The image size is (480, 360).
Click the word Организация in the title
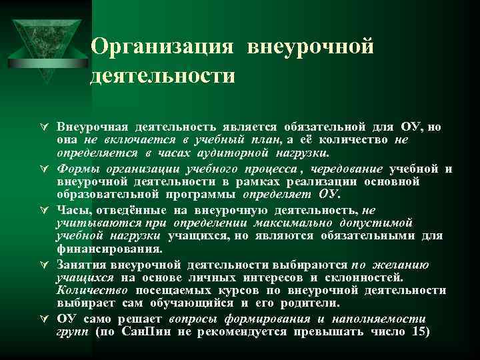pos(162,46)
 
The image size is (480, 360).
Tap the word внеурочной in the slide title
pos(308,46)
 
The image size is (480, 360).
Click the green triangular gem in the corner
pos(46,43)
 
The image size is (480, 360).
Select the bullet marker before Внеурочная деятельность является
pos(41,127)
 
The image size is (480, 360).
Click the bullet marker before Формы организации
pos(41,169)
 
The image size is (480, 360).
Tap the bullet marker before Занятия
pos(41,265)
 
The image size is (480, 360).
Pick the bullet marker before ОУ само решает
pos(41,319)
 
